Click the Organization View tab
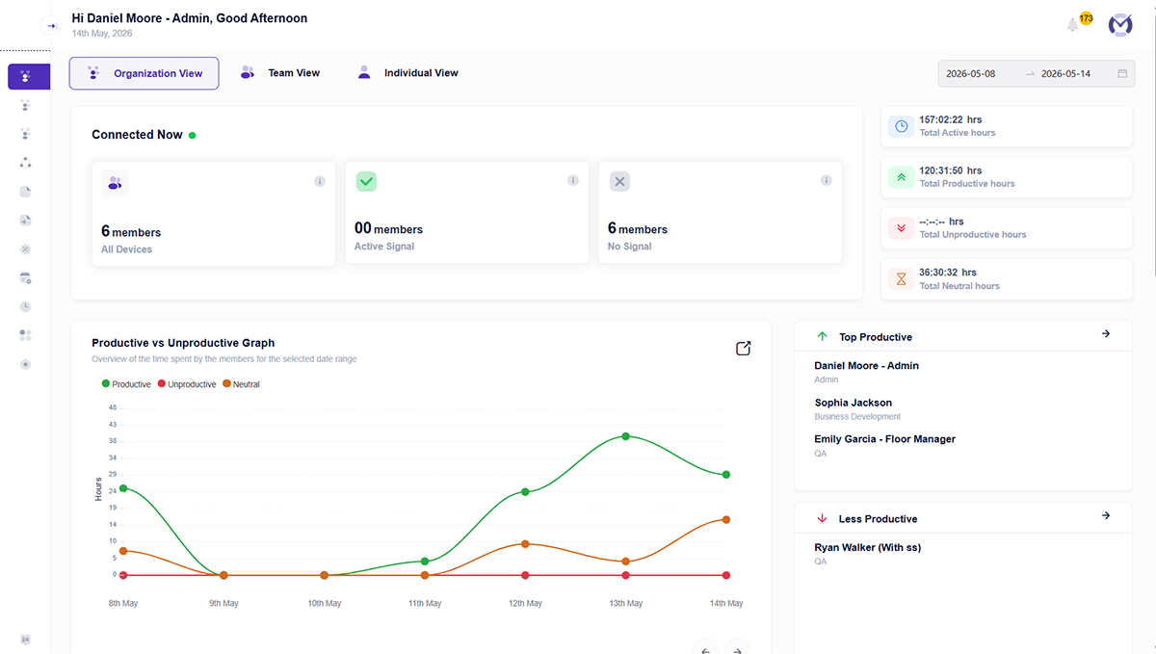point(144,73)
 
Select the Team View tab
point(280,73)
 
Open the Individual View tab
point(407,73)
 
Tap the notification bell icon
point(1072,24)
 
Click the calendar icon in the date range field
point(1122,73)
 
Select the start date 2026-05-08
point(970,74)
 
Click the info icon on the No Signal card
point(827,180)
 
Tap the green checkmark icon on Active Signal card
point(366,181)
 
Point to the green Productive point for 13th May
point(625,436)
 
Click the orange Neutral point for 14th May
point(726,520)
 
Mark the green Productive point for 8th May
point(123,488)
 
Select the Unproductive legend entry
point(187,384)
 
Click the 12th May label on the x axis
point(525,603)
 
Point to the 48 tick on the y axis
point(113,407)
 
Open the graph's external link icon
point(743,349)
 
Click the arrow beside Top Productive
point(1106,333)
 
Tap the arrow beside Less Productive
point(1106,515)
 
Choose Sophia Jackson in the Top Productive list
point(854,403)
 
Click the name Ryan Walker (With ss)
point(868,547)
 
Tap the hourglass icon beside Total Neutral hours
point(901,278)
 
